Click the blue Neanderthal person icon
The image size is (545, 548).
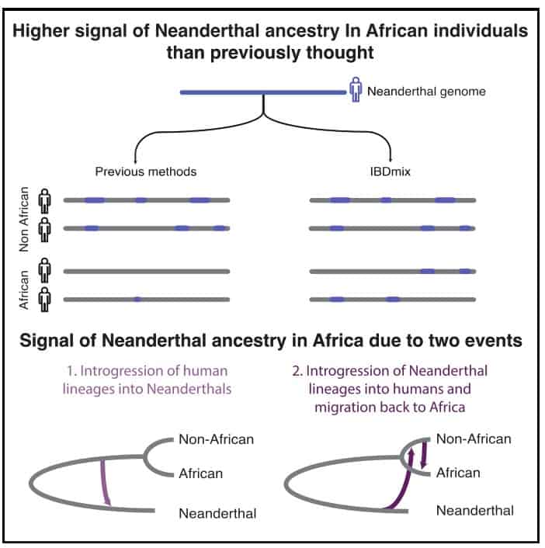[356, 91]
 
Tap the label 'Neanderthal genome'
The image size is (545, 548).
[426, 92]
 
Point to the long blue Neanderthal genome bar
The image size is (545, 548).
[262, 92]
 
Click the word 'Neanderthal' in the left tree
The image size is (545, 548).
[217, 512]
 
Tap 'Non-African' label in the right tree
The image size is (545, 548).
[473, 439]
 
